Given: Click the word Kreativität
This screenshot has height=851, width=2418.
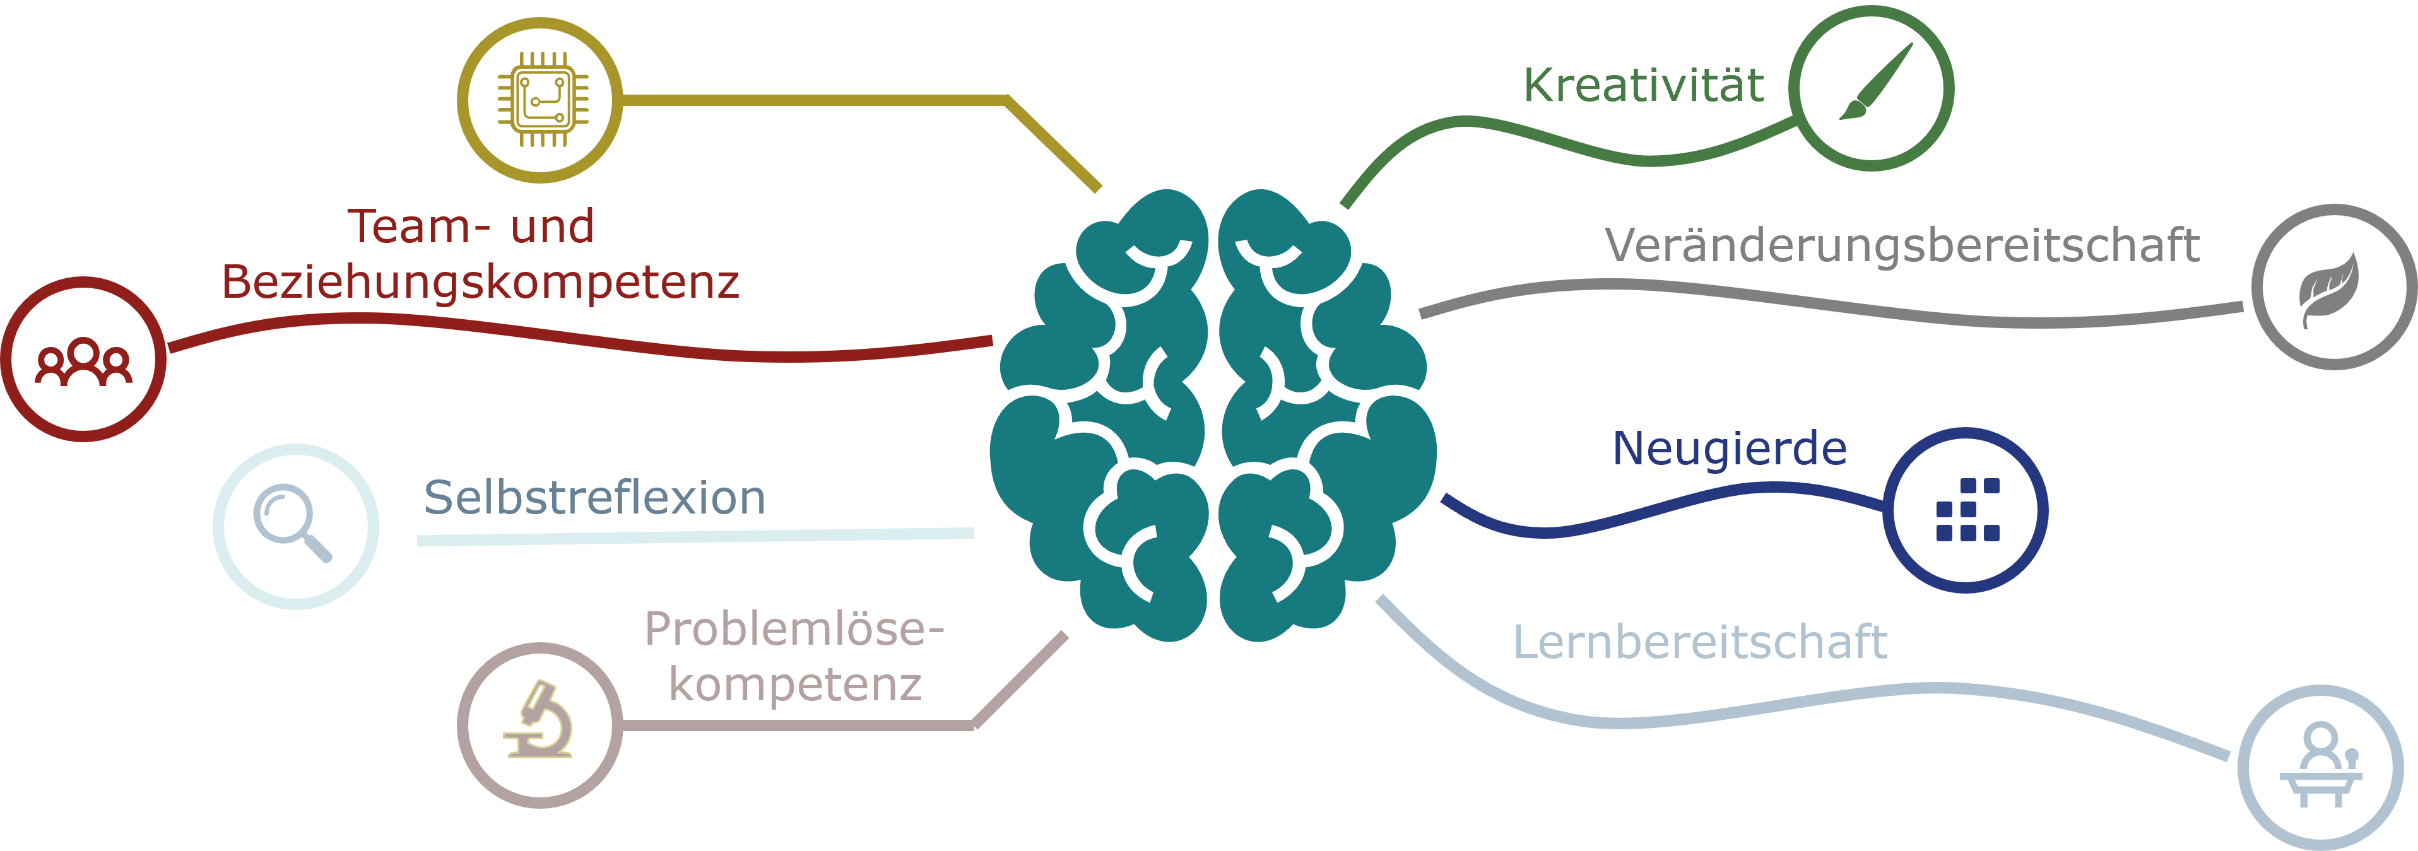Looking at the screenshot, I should click(x=1642, y=85).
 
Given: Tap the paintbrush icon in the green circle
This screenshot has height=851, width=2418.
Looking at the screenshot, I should click(x=1873, y=85).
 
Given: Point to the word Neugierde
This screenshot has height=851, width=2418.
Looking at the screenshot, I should click(x=1729, y=449).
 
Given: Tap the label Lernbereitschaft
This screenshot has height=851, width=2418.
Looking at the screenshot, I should click(x=1700, y=643).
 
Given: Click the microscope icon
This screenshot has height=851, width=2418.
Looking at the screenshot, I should click(x=540, y=722).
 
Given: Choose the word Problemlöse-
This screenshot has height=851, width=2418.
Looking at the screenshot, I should click(x=793, y=629).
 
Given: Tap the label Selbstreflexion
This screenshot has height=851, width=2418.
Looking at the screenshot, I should click(x=594, y=497).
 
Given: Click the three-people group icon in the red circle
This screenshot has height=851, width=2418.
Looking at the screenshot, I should click(x=83, y=361).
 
